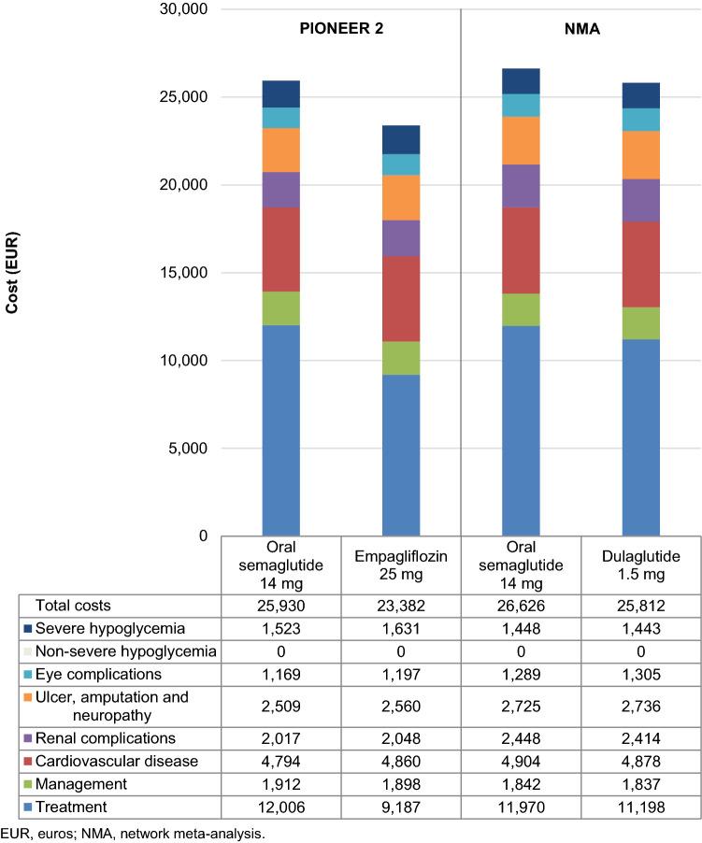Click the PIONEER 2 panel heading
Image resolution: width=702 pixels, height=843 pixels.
(340, 28)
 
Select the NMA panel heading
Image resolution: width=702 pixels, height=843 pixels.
(581, 28)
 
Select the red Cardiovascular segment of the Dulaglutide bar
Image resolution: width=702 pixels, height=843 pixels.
(641, 264)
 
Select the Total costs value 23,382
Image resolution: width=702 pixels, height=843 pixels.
(401, 606)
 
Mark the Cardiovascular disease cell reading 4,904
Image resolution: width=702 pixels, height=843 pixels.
(521, 761)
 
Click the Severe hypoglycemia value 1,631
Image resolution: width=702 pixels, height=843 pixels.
(401, 628)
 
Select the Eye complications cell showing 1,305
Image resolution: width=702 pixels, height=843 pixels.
(640, 673)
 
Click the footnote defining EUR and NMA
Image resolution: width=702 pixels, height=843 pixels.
(133, 833)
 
